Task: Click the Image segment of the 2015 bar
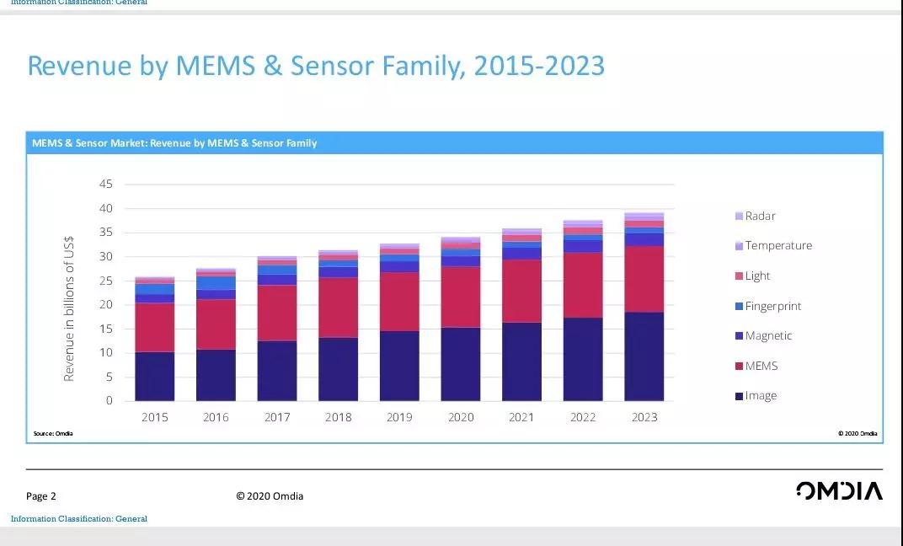pyautogui.click(x=154, y=376)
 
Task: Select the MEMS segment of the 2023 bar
pyautogui.click(x=644, y=279)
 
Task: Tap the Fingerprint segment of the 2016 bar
pyautogui.click(x=216, y=283)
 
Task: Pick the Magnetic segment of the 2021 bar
pyautogui.click(x=521, y=253)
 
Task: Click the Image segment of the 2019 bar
pyautogui.click(x=399, y=366)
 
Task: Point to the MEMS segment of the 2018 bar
pyautogui.click(x=338, y=308)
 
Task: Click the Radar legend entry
pyautogui.click(x=760, y=216)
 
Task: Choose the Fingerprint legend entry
pyautogui.click(x=772, y=306)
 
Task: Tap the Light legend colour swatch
pyautogui.click(x=739, y=276)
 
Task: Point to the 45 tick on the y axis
pyautogui.click(x=106, y=184)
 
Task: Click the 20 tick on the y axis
pyautogui.click(x=106, y=304)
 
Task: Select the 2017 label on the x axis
pyautogui.click(x=277, y=417)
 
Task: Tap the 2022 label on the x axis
pyautogui.click(x=583, y=417)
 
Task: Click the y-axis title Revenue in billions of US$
pyautogui.click(x=69, y=308)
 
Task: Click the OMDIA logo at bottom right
pyautogui.click(x=839, y=491)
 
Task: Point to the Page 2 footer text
pyautogui.click(x=41, y=496)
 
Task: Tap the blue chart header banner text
pyautogui.click(x=174, y=143)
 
